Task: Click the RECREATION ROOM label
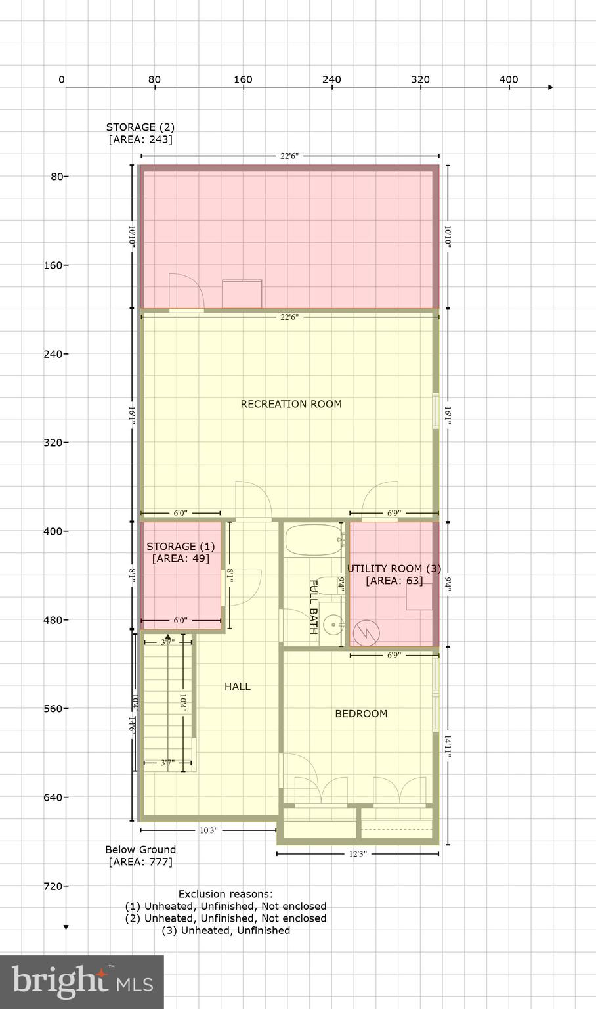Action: click(x=291, y=404)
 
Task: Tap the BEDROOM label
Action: click(x=361, y=713)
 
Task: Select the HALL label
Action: click(x=238, y=686)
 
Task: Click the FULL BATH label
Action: click(x=314, y=606)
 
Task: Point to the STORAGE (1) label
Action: click(x=181, y=546)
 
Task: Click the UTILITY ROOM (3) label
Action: click(x=394, y=568)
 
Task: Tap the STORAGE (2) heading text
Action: click(x=140, y=127)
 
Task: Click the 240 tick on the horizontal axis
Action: click(x=331, y=79)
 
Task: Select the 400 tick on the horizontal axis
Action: click(x=509, y=79)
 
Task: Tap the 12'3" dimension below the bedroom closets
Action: click(x=357, y=854)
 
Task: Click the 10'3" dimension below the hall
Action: click(x=208, y=830)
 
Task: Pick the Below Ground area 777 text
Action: click(x=140, y=855)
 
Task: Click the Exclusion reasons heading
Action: click(x=225, y=894)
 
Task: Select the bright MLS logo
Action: click(x=82, y=981)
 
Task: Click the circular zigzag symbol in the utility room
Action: click(x=366, y=633)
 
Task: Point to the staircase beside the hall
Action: click(x=168, y=703)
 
